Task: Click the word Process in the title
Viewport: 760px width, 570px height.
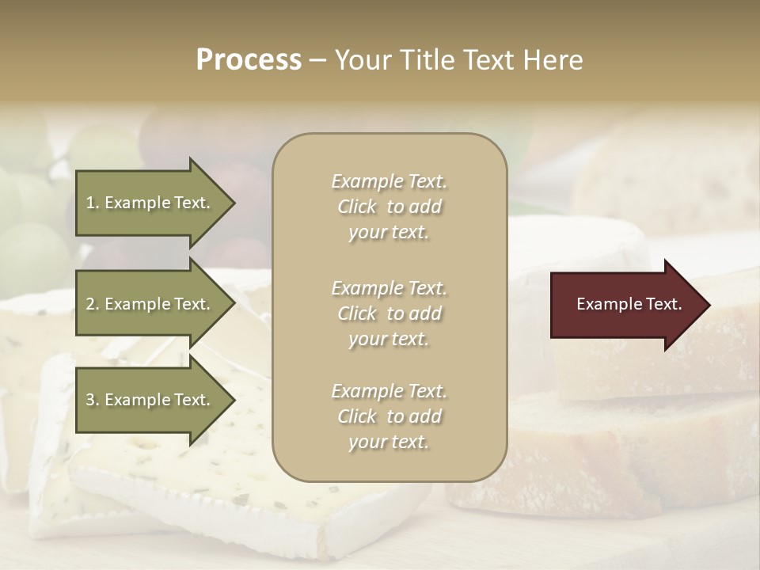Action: point(249,59)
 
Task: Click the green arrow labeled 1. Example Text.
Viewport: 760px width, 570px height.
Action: point(150,203)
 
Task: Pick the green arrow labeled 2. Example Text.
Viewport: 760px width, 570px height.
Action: point(150,304)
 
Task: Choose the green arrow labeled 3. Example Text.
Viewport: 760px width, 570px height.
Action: point(150,400)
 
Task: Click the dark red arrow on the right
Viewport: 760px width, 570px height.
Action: point(625,304)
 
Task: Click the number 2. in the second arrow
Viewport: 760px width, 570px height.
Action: point(93,304)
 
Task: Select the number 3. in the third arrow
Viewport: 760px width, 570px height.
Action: point(93,400)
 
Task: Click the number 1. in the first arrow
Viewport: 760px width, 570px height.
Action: point(92,203)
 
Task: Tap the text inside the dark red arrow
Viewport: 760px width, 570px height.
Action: point(629,304)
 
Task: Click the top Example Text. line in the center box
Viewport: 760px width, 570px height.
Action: point(389,181)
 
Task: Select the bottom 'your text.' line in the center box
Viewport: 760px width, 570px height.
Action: point(389,442)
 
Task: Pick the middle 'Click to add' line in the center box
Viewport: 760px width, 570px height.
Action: point(389,313)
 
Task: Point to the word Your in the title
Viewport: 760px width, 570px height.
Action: point(363,59)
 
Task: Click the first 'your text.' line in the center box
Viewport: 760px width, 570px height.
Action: point(389,232)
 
